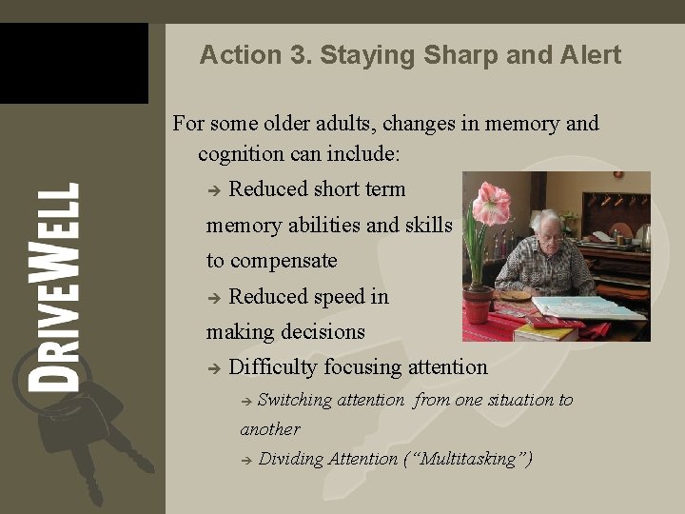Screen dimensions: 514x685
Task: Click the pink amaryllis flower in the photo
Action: tap(492, 203)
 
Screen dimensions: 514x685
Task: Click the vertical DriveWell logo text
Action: tap(53, 287)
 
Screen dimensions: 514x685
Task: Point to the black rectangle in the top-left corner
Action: tap(73, 63)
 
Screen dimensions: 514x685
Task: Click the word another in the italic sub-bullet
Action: tap(270, 429)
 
